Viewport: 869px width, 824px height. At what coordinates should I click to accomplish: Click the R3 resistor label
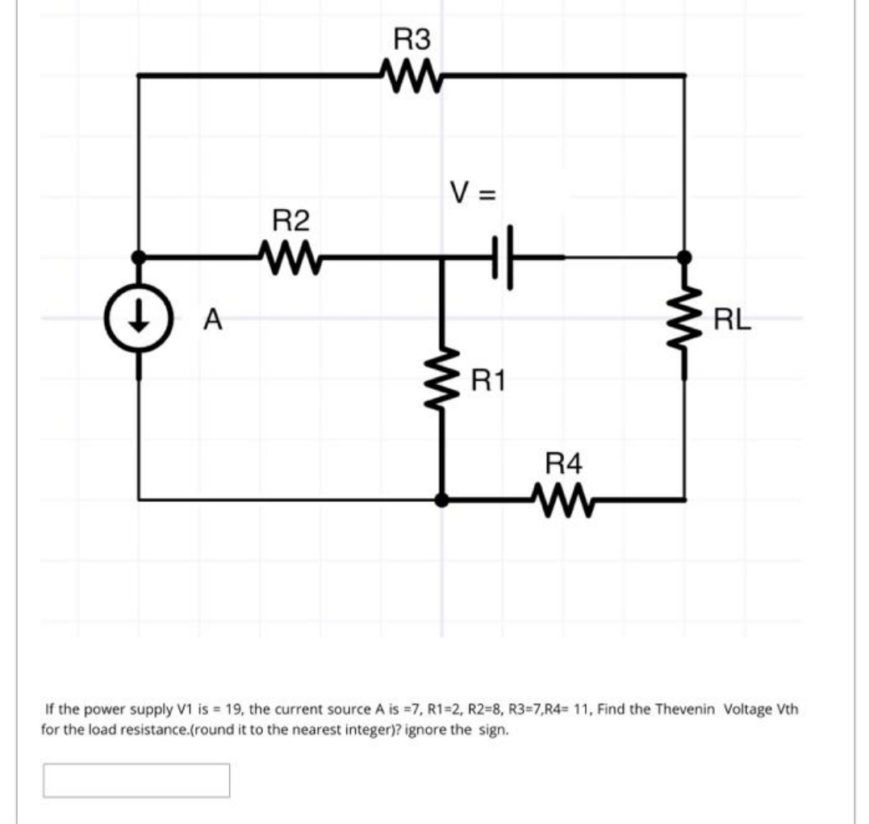(x=412, y=39)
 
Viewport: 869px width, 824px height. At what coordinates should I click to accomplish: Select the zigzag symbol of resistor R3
(x=412, y=77)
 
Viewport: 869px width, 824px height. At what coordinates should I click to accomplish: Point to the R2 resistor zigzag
(x=289, y=258)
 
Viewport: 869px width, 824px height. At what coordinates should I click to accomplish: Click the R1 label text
(x=489, y=378)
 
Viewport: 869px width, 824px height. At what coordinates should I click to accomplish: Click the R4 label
(x=563, y=463)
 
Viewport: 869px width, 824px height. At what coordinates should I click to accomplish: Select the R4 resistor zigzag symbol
(x=562, y=500)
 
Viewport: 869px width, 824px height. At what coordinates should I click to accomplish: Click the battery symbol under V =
(x=502, y=257)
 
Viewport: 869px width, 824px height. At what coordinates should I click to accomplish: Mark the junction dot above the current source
(x=139, y=257)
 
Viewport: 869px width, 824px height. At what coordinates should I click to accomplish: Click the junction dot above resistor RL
(x=685, y=257)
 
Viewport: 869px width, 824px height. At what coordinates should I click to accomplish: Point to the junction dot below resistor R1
(x=441, y=500)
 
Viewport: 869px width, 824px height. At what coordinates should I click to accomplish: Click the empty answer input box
(x=136, y=780)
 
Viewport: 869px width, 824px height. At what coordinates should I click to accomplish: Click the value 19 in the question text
(x=235, y=710)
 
